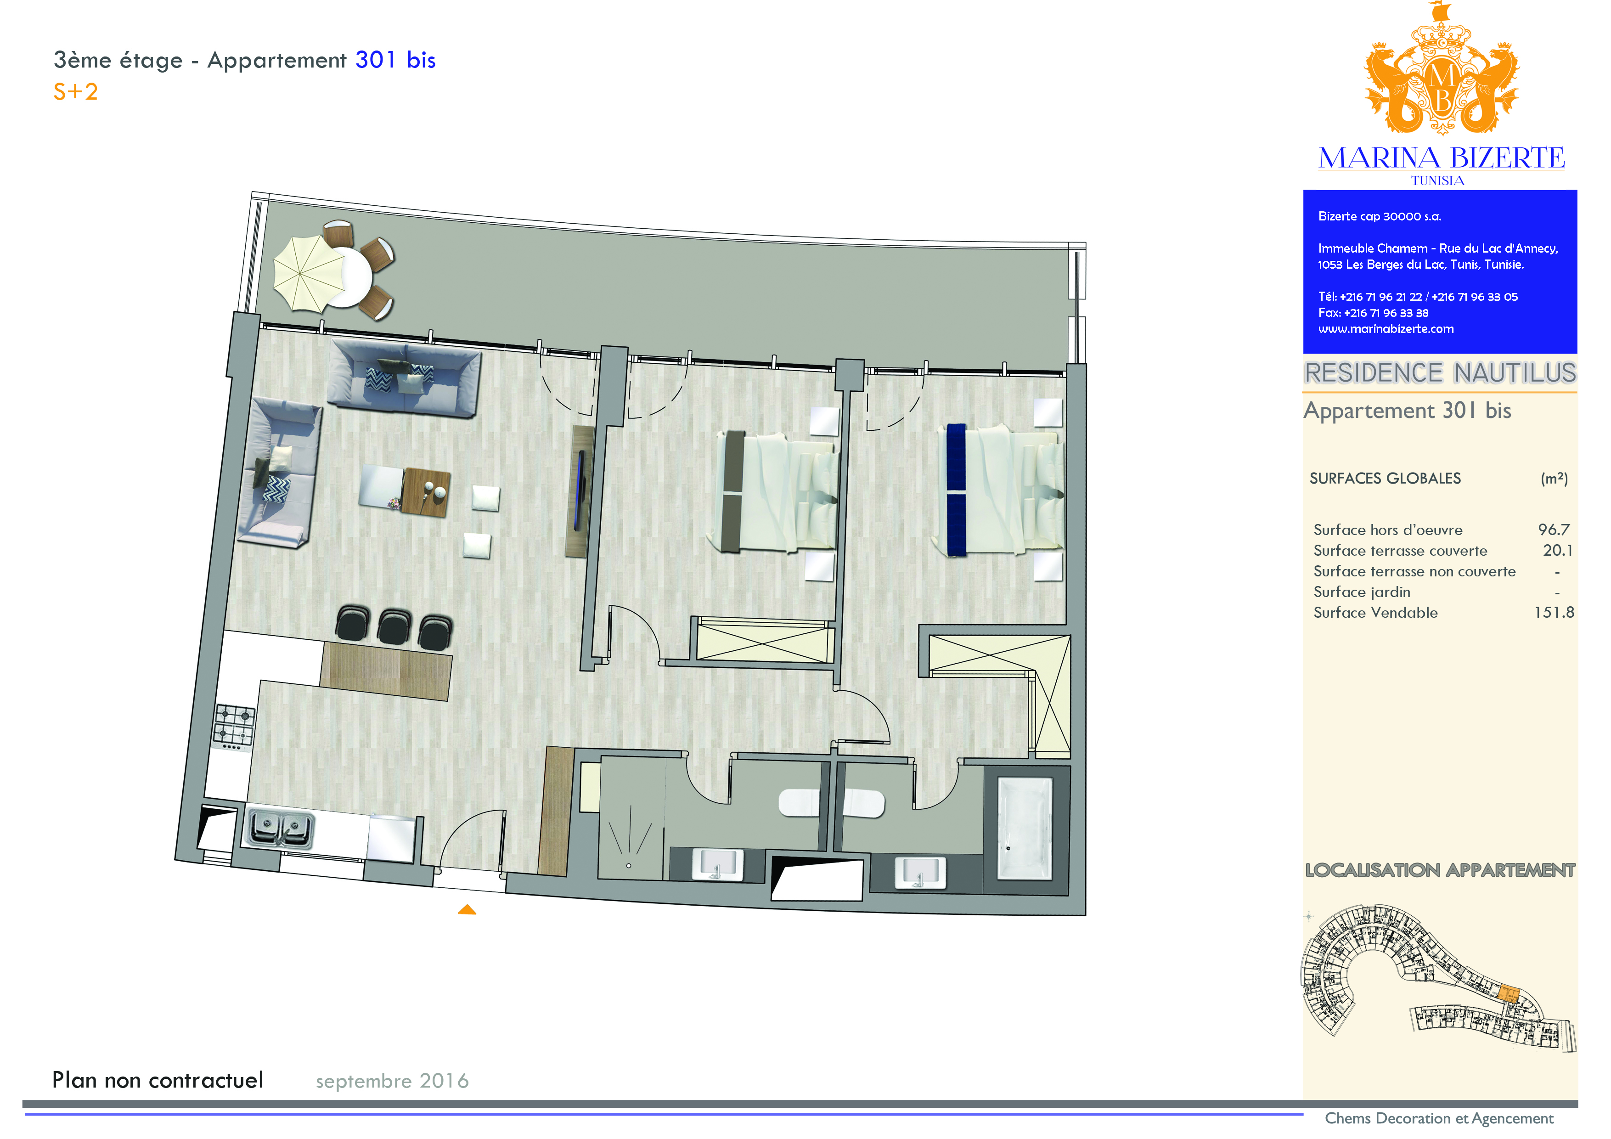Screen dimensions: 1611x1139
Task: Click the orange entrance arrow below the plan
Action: tap(467, 910)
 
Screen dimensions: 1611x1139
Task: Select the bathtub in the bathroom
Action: tap(1025, 828)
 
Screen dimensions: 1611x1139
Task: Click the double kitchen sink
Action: tap(279, 829)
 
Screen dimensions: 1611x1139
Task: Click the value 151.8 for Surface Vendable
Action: tap(1554, 613)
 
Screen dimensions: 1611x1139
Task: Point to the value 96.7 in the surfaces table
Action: tap(1554, 530)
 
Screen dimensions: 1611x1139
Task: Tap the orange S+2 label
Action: tap(76, 92)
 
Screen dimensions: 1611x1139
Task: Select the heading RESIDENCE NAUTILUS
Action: tap(1440, 372)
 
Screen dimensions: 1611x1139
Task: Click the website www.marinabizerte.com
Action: tap(1386, 329)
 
